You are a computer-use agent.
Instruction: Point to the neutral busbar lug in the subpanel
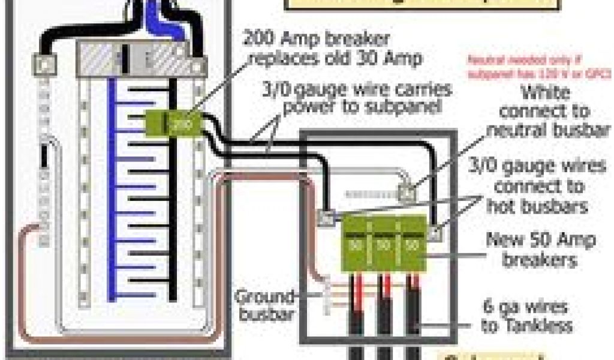407,193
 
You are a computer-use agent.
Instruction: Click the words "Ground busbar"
264,305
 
